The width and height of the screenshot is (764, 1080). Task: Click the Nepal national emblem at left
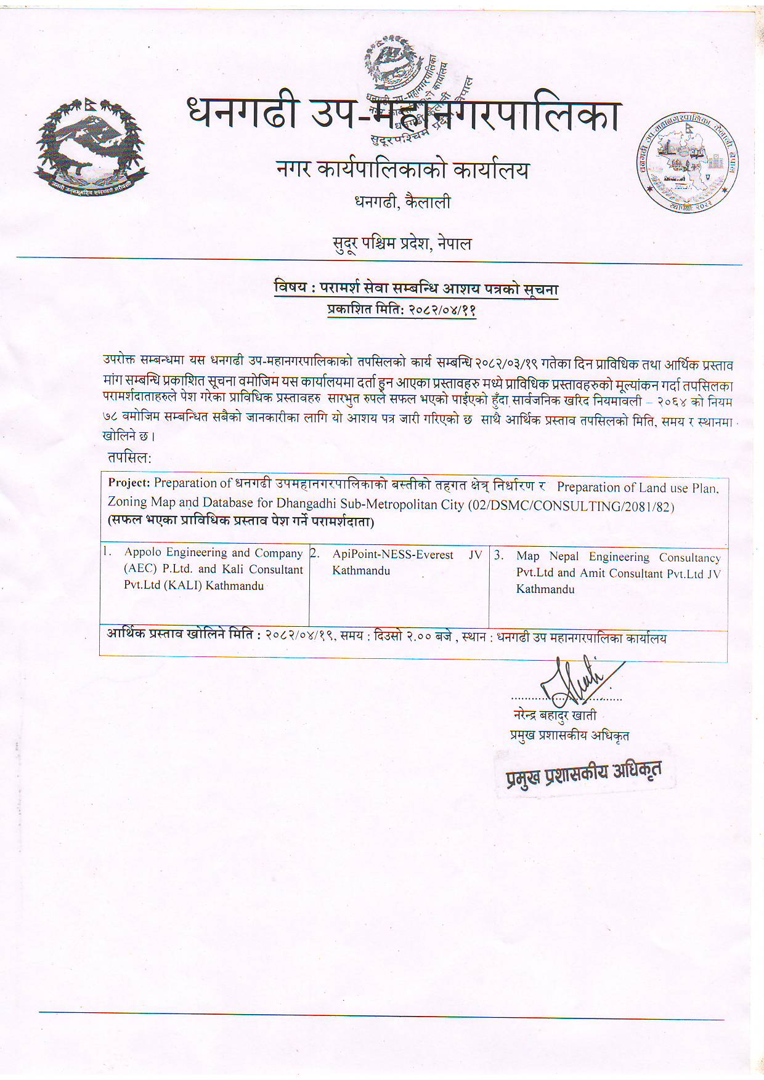coord(92,147)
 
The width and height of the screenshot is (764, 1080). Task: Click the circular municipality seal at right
coord(688,163)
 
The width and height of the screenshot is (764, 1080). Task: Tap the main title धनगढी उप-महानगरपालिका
coord(404,115)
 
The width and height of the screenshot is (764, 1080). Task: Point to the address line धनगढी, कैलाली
coord(403,202)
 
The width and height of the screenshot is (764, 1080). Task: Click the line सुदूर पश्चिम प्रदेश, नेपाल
coord(402,244)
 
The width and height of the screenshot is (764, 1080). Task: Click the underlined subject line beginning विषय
coord(416,288)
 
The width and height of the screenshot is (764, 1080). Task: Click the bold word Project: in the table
coord(129,483)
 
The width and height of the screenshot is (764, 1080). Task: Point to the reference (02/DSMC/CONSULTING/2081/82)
coord(571,506)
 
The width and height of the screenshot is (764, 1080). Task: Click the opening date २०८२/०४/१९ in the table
coord(300,635)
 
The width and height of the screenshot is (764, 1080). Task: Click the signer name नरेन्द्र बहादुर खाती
coord(555,715)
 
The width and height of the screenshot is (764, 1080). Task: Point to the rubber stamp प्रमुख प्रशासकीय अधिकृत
coord(583,774)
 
